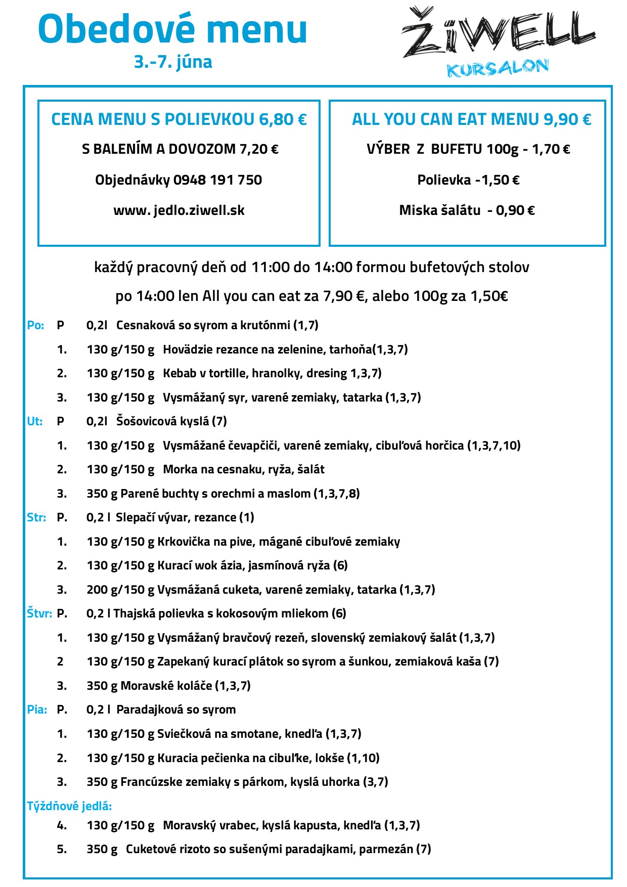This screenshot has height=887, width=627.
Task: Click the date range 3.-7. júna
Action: pos(173,62)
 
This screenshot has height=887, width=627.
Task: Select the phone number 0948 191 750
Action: pos(217,180)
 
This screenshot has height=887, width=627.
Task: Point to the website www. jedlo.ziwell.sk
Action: pos(179,210)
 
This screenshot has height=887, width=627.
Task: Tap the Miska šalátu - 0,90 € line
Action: pos(467,210)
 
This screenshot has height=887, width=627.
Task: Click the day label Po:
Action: pos(35,326)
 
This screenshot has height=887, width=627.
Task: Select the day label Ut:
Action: pos(34,422)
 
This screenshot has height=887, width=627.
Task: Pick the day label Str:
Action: pos(36,518)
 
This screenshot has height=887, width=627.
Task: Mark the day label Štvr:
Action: pos(39,614)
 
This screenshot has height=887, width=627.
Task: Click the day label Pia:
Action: pos(37,710)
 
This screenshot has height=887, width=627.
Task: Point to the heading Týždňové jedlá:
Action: pos(69,806)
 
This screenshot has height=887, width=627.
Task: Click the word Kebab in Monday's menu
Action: pos(180,373)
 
